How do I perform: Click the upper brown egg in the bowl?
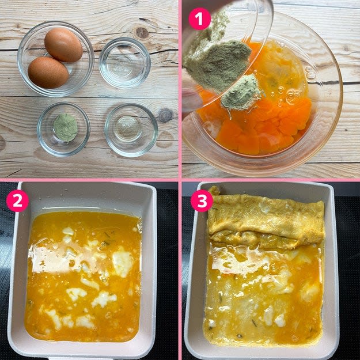pyautogui.click(x=63, y=45)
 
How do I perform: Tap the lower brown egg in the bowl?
pyautogui.click(x=48, y=73)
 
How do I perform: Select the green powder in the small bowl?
pyautogui.click(x=66, y=127)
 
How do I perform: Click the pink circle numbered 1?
pyautogui.click(x=199, y=19)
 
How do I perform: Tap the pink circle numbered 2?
pyautogui.click(x=17, y=200)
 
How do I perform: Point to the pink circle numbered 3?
pyautogui.click(x=202, y=200)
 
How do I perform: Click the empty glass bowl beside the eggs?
pyautogui.click(x=124, y=63)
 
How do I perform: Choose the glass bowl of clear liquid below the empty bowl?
pyautogui.click(x=131, y=130)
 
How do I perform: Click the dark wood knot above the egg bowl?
pyautogui.click(x=142, y=33)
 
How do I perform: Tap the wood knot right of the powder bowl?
pyautogui.click(x=165, y=115)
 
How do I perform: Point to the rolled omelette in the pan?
pyautogui.click(x=266, y=221)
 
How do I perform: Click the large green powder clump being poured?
pyautogui.click(x=218, y=65)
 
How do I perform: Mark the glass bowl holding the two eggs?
pyautogui.click(x=56, y=59)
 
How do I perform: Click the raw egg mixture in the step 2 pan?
pyautogui.click(x=84, y=275)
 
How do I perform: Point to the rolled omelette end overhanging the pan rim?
pyautogui.click(x=214, y=191)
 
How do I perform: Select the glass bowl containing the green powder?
pyautogui.click(x=63, y=129)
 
